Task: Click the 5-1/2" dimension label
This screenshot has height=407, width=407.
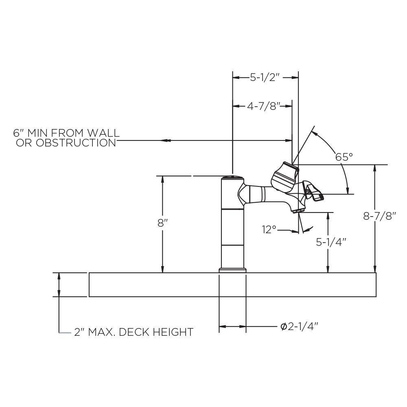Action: pos(265,77)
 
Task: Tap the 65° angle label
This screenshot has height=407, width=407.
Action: pos(344,157)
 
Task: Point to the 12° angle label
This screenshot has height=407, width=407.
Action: pos(269,230)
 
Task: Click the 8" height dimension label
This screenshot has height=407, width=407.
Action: pos(163,223)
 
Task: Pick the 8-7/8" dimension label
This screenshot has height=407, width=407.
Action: pos(380,216)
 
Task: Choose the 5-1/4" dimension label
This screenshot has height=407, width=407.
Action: pos(331,242)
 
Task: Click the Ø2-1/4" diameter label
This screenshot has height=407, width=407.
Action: pos(299,326)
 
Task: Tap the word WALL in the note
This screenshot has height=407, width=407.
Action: pos(103,133)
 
